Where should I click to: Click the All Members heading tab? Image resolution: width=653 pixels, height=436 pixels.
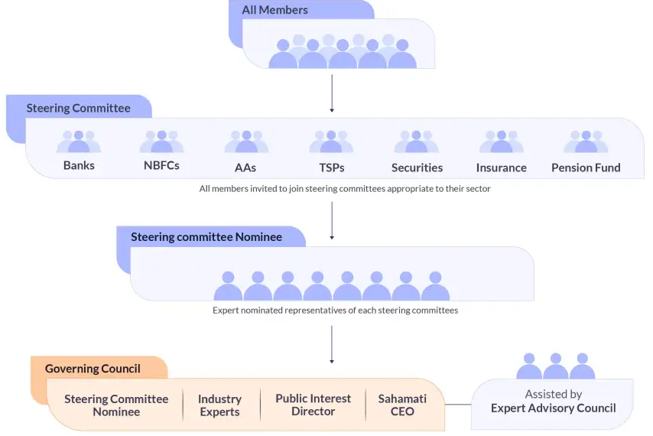(x=275, y=11)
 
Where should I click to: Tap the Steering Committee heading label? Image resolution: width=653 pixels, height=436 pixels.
(x=78, y=108)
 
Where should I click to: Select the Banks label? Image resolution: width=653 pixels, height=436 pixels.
(x=79, y=166)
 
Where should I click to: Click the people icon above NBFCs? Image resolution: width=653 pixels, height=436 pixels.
(x=161, y=142)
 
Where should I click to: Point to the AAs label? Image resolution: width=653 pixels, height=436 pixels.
(x=245, y=168)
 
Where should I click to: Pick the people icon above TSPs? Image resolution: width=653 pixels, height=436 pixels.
(x=331, y=142)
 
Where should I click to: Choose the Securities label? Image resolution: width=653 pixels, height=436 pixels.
(x=417, y=168)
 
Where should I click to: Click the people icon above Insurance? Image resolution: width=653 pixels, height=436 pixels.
(x=501, y=142)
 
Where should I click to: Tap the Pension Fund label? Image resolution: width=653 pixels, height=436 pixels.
(x=586, y=168)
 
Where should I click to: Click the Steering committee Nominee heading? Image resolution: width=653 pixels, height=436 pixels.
(x=206, y=237)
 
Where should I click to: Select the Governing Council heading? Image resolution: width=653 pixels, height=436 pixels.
(x=93, y=369)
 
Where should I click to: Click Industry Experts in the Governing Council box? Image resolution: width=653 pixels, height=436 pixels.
(x=219, y=405)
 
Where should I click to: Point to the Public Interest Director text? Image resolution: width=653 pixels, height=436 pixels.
(x=313, y=405)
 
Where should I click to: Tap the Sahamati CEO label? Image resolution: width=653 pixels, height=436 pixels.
(x=402, y=405)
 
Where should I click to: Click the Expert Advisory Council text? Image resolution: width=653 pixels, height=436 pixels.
(x=553, y=408)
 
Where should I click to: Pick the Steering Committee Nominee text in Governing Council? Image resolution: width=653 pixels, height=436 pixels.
(x=116, y=405)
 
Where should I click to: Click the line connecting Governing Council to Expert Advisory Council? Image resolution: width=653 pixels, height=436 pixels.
(x=457, y=404)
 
